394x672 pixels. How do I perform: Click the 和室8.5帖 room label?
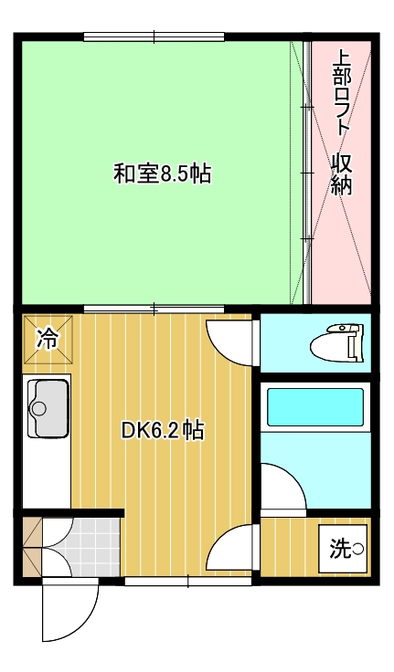coord(162,173)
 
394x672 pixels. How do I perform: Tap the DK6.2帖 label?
coord(162,430)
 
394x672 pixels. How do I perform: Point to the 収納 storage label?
coord(342,174)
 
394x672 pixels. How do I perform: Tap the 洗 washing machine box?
coord(344,549)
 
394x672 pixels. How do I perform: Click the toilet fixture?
coord(337,342)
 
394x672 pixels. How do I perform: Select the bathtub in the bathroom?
coord(315,407)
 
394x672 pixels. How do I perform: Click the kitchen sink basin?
coord(48,409)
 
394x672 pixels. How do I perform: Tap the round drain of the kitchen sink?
coord(39,408)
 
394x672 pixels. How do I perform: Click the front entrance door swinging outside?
coord(70,609)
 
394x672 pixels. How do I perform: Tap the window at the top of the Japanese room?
coord(154,37)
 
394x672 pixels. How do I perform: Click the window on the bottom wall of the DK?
coord(188,581)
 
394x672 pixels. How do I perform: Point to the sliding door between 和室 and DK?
coord(154,309)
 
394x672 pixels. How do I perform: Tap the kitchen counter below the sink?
coord(47,475)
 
